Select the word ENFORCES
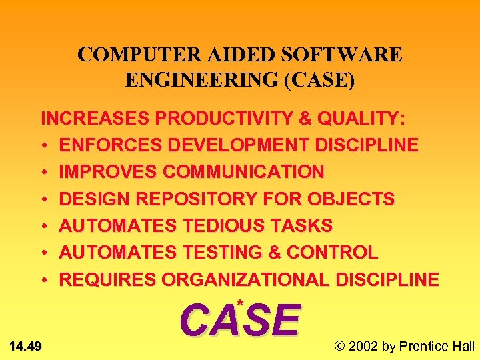pos(100,145)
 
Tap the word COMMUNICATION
pos(243,172)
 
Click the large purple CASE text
pos(241,321)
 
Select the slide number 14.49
pos(26,345)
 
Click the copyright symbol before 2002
pos(341,345)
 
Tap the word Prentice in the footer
pos(423,345)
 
